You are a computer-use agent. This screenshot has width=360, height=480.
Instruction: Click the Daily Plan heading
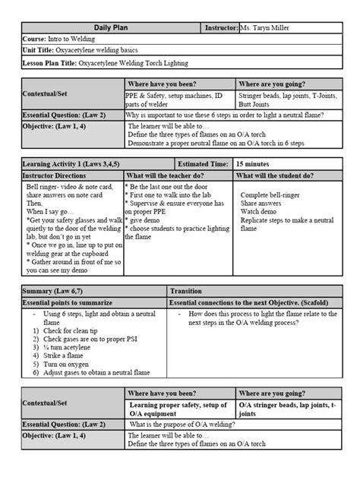109,28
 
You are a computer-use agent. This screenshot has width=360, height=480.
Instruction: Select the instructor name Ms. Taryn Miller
273,28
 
